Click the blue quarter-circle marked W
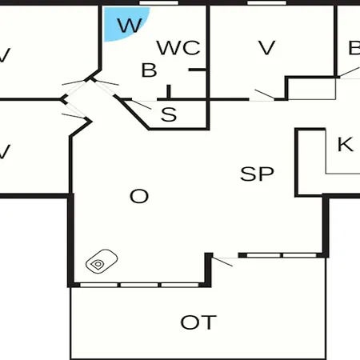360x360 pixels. click(122, 22)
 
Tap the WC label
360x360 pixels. click(178, 48)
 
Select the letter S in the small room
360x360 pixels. click(169, 114)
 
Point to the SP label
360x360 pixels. click(257, 174)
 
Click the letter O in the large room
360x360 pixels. click(139, 196)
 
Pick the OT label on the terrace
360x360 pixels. click(198, 322)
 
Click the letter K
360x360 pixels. click(346, 144)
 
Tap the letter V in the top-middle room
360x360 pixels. click(267, 48)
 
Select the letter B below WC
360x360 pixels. click(149, 70)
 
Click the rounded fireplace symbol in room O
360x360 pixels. click(102, 262)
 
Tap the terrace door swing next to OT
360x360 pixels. click(222, 262)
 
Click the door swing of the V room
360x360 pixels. click(264, 94)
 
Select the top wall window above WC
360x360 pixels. click(159, 2)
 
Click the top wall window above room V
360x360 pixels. click(266, 2)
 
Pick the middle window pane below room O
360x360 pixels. click(139, 285)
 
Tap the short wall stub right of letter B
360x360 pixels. click(198, 70)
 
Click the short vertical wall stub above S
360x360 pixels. click(169, 92)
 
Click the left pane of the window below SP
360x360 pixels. click(263, 255)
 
